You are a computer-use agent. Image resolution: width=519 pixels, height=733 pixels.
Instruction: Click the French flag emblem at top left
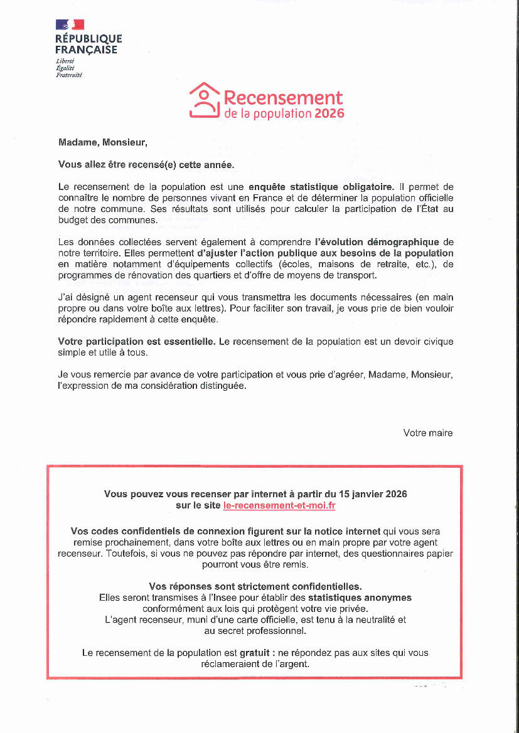coord(70,25)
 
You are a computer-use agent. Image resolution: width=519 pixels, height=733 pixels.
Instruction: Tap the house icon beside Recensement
coord(204,100)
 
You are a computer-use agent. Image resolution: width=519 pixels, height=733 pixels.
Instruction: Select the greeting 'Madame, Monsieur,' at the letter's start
coord(103,142)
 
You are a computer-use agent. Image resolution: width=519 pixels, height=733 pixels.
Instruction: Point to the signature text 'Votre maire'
coord(427,433)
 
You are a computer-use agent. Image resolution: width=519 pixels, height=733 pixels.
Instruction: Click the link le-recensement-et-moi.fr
coord(279,505)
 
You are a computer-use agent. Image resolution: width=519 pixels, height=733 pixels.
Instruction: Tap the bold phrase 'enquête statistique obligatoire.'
coord(321,186)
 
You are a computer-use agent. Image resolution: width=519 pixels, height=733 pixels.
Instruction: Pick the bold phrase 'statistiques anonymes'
coord(360,598)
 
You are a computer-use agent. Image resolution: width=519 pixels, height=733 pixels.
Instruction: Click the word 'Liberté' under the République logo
coord(65,61)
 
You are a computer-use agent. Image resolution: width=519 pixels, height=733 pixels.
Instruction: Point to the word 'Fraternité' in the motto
coord(69,75)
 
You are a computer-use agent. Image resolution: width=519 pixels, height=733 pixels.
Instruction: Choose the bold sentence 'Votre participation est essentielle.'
coord(137,342)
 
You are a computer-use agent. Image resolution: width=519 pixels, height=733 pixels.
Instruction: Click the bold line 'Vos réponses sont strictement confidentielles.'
coord(255,586)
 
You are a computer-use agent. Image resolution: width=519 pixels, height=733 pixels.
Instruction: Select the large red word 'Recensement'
coord(283,98)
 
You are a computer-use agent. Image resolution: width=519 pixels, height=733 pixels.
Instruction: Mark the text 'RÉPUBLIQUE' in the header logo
coord(88,39)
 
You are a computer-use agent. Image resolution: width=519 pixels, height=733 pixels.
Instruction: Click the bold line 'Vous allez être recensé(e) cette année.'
coord(146,165)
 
